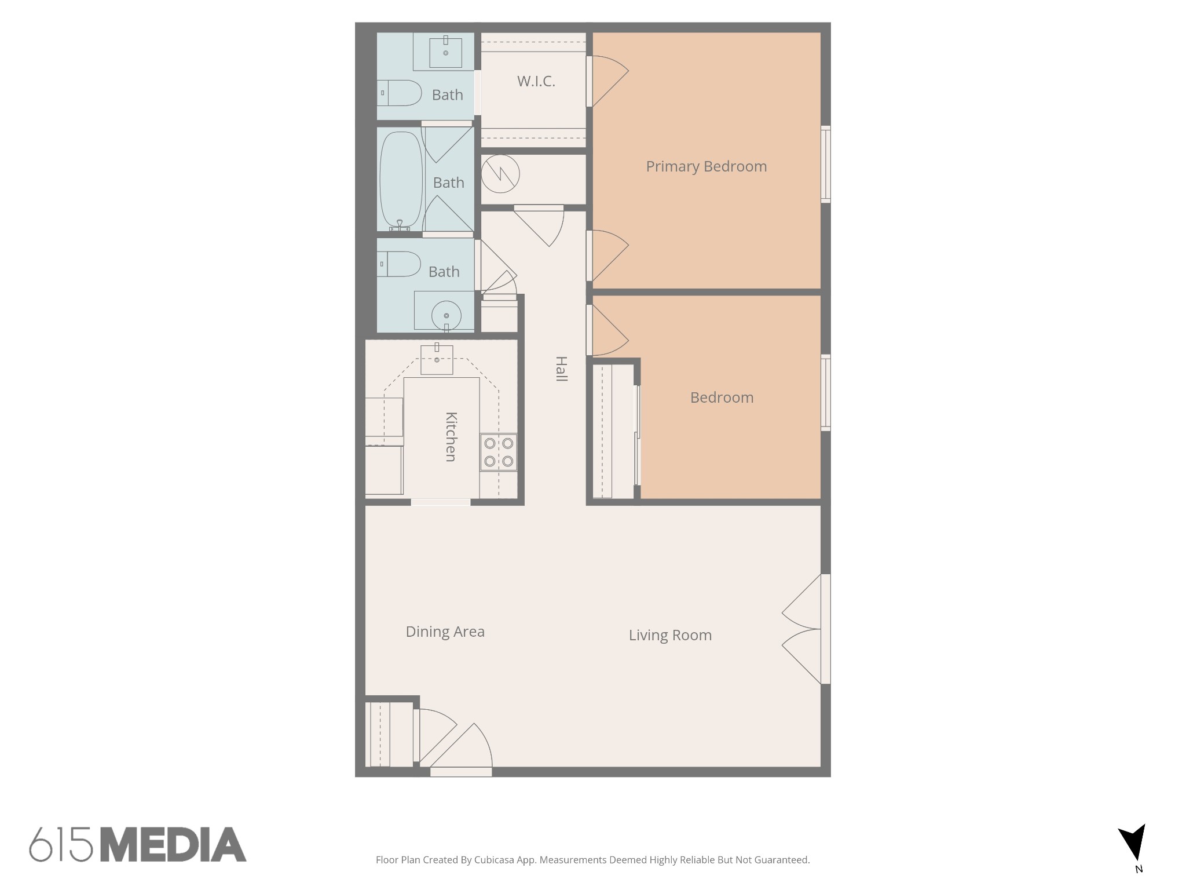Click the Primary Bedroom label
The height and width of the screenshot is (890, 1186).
pos(706,166)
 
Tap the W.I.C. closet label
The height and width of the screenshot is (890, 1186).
pos(536,81)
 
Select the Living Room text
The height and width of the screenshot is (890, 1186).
pos(670,635)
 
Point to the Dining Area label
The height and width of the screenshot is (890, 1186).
pos(445,632)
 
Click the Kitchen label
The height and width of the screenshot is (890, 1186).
pos(451,436)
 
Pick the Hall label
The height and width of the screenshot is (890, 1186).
pos(561,369)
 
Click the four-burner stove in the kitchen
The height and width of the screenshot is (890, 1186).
pos(499,452)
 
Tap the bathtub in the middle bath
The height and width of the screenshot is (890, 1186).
pos(401,180)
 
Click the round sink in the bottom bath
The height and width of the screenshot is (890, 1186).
pos(446,316)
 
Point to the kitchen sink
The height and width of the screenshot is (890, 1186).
pos(437,359)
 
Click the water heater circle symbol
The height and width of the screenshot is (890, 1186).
pos(500,173)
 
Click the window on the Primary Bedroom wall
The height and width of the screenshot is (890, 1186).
pos(826,164)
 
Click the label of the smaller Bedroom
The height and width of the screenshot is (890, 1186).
pos(722,397)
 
